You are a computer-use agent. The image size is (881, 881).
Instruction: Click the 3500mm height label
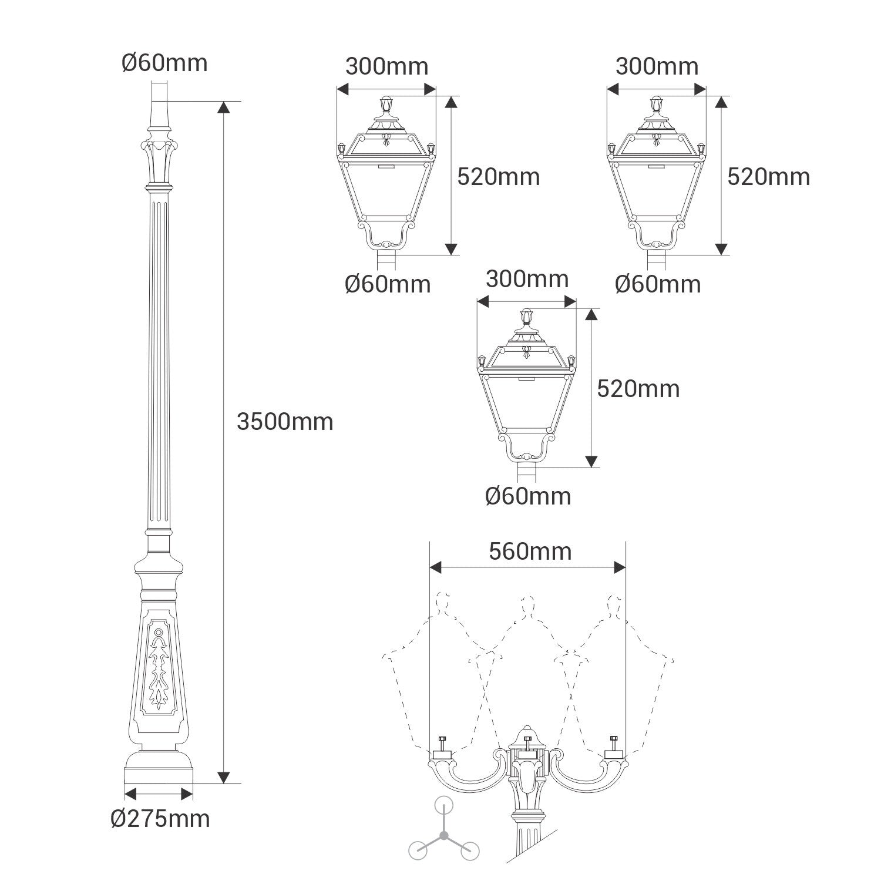[x=285, y=422]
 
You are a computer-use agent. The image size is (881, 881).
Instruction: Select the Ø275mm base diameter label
[x=160, y=818]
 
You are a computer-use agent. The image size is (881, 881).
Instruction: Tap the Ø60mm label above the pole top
[x=164, y=63]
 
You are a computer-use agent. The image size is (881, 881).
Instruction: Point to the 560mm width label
[x=530, y=552]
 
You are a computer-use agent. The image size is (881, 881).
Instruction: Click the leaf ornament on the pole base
[x=159, y=667]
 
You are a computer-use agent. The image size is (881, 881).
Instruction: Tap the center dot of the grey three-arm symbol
[x=444, y=835]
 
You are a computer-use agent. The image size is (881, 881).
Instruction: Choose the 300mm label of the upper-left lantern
[x=386, y=66]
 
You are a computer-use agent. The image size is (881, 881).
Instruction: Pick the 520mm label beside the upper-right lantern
[x=768, y=177]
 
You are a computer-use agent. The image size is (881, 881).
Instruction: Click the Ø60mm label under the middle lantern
[x=527, y=496]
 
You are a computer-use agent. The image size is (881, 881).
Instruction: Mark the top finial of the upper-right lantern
[x=656, y=105]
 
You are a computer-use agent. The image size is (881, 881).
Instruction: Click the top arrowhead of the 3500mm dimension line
[x=223, y=107]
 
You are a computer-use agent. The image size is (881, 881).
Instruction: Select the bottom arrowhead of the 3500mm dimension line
[x=223, y=777]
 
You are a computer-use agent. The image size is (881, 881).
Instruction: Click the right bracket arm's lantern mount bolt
[x=614, y=741]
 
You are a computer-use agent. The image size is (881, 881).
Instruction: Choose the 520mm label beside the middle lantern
[x=638, y=389]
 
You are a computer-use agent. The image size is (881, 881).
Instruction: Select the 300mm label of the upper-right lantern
[x=657, y=66]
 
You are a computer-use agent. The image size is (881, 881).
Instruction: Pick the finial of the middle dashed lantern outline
[x=528, y=605]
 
